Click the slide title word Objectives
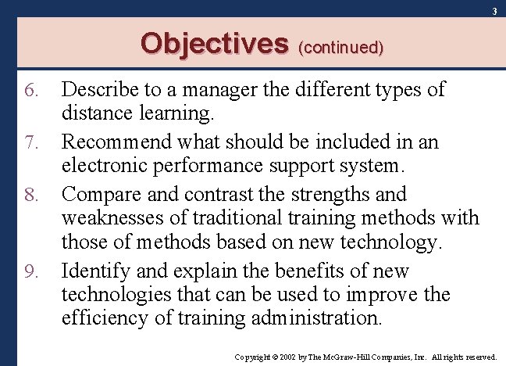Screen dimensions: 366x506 point(214,43)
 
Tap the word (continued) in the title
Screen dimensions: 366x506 point(341,47)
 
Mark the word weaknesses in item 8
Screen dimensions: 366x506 point(112,218)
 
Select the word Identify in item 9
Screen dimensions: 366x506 point(90,271)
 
